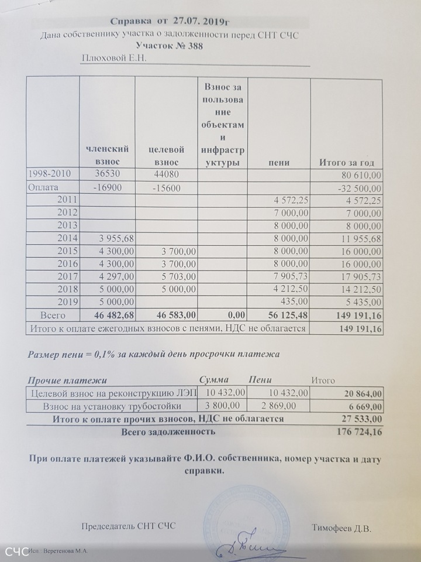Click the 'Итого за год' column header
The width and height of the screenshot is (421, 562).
(x=346, y=162)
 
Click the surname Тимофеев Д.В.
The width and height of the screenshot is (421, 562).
(x=342, y=528)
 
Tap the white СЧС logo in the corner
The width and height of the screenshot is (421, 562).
(x=16, y=551)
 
